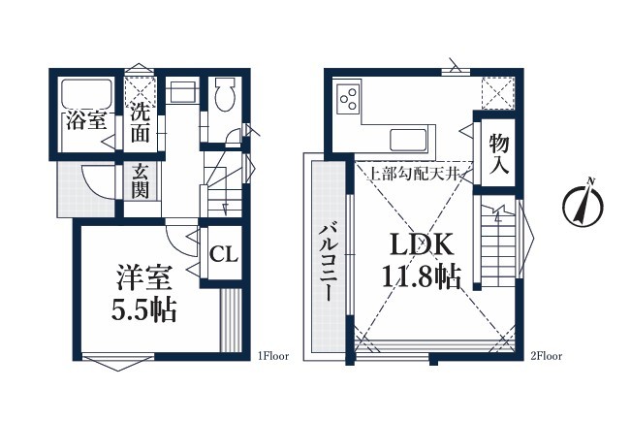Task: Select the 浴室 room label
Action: [x=86, y=120]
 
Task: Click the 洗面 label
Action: [x=140, y=123]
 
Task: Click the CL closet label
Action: [x=223, y=255]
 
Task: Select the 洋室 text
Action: [x=143, y=278]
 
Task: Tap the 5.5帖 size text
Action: [x=143, y=310]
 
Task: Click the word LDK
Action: [x=422, y=245]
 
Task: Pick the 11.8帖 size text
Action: [x=421, y=276]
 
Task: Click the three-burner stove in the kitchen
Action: [x=349, y=98]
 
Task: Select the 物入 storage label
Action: [x=499, y=153]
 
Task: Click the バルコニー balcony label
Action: [x=328, y=263]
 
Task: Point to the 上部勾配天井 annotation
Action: [x=414, y=174]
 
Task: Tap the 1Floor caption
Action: [x=273, y=356]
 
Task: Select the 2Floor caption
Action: [x=546, y=356]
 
